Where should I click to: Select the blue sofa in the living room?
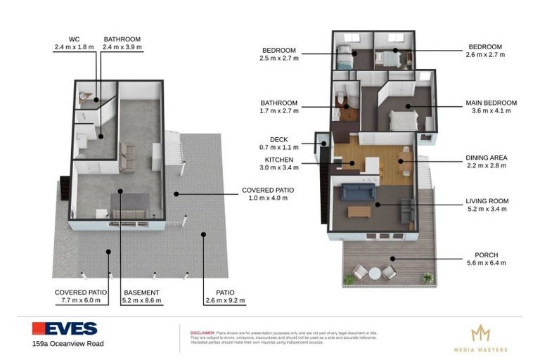359,191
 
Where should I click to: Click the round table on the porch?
375,273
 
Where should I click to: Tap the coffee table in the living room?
359,211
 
